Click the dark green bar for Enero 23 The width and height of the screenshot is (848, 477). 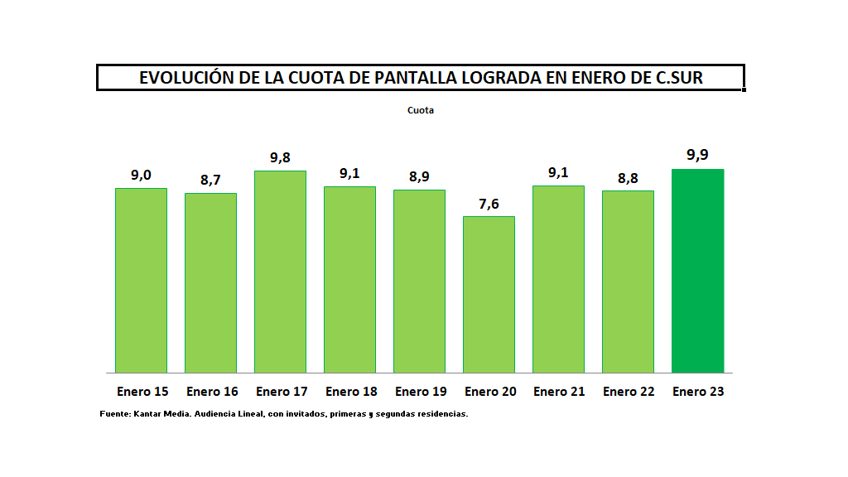[697, 271]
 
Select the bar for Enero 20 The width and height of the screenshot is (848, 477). [489, 294]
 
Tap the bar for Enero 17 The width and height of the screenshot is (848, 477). [280, 272]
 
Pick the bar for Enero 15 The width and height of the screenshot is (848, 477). [141, 280]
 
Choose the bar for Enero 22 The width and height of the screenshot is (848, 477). [628, 282]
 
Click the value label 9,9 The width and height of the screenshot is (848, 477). [697, 155]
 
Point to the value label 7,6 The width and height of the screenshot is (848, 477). [489, 203]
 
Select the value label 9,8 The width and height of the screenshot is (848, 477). [280, 157]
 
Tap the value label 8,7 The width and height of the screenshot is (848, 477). [210, 180]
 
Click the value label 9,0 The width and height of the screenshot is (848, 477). [141, 175]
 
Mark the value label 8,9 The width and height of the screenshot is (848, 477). [419, 176]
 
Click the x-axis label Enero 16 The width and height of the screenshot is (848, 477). [212, 392]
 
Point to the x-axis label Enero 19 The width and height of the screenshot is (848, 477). [421, 392]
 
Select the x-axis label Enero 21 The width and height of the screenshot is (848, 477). [559, 392]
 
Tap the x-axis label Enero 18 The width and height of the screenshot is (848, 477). [351, 392]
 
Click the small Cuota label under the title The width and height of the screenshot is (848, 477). [421, 110]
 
